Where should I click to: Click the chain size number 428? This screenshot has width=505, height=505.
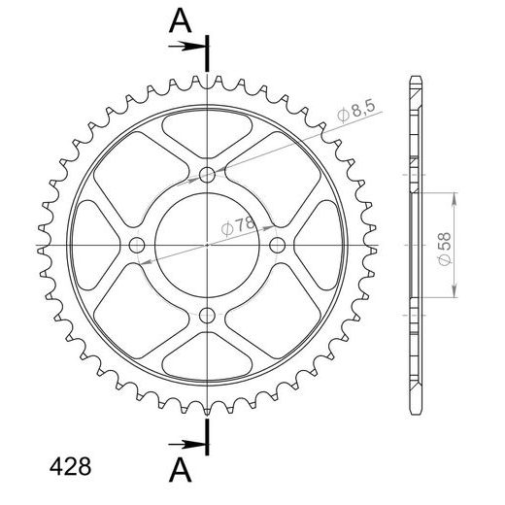[70, 467]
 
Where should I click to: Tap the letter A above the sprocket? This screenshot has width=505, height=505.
[181, 21]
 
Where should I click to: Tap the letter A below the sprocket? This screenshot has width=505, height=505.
[181, 471]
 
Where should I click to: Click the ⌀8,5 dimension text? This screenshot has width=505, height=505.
[355, 111]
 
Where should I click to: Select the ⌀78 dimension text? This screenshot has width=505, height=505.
[238, 225]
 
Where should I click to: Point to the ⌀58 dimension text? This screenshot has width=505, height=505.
[445, 249]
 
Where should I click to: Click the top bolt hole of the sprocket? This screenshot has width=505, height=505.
[207, 175]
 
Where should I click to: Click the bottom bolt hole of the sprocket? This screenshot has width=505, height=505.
[207, 316]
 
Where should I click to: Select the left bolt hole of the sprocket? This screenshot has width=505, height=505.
[137, 245]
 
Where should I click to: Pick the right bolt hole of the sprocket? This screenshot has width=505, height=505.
[278, 245]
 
